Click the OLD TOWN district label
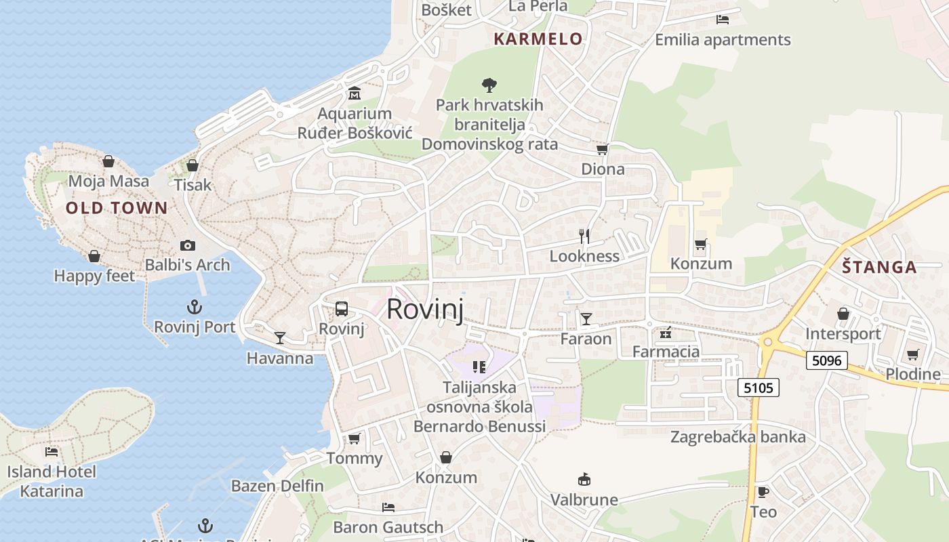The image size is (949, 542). click(116, 208)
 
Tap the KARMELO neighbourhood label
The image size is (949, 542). click(538, 39)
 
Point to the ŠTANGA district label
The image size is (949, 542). click(879, 267)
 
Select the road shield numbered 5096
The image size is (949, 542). click(827, 360)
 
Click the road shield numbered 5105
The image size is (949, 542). click(759, 388)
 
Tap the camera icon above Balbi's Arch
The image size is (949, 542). click(188, 245)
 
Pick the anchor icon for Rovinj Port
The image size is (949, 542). click(195, 307)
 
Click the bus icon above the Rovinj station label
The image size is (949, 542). click(342, 309)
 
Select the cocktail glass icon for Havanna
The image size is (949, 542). click(279, 337)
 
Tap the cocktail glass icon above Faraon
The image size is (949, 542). click(586, 318)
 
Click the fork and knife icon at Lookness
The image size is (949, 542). click(584, 236)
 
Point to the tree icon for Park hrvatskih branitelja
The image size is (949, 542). click(489, 85)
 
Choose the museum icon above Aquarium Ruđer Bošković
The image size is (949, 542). click(354, 93)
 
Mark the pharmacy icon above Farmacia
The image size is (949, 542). click(666, 332)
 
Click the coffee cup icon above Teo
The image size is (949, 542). click(763, 492)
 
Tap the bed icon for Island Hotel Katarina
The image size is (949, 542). click(52, 451)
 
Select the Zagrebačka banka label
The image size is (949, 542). click(738, 437)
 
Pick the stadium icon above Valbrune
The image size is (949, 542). click(584, 480)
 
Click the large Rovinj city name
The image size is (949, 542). click(425, 309)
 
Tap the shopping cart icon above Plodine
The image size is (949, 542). click(912, 354)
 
